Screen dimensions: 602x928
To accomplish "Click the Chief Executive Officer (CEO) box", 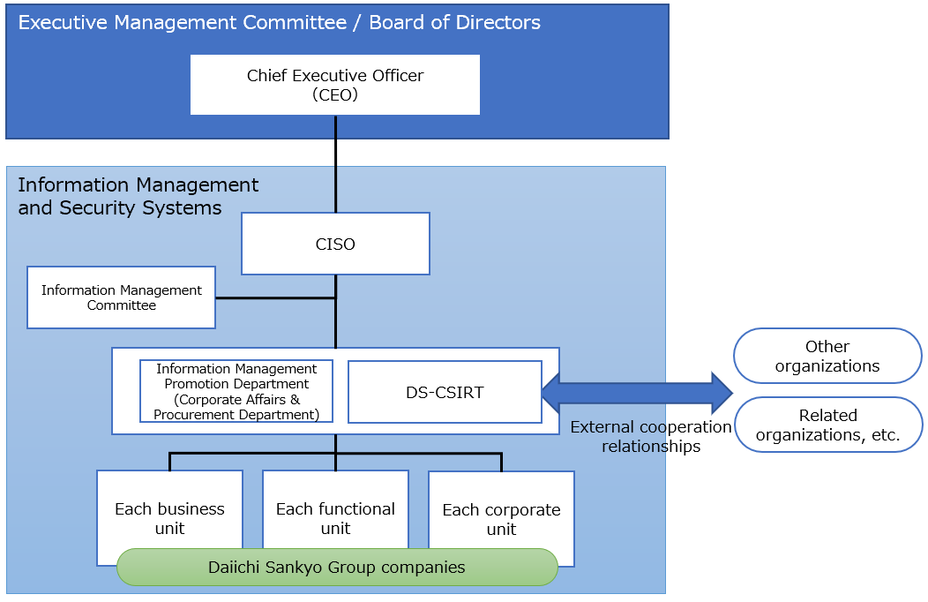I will pyautogui.click(x=335, y=85).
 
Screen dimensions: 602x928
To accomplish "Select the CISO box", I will pyautogui.click(x=335, y=244).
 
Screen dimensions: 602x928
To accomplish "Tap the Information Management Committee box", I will pyautogui.click(x=122, y=297).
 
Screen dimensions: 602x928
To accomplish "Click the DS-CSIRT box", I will pyautogui.click(x=445, y=392).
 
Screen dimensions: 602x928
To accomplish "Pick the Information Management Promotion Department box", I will pyautogui.click(x=236, y=391).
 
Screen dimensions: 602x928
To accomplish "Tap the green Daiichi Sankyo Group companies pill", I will pyautogui.click(x=337, y=567).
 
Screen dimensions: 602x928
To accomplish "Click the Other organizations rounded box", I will pyautogui.click(x=827, y=356).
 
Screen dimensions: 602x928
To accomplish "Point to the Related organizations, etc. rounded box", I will pyautogui.click(x=827, y=425).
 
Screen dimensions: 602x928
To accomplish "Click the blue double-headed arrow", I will pyautogui.click(x=637, y=392).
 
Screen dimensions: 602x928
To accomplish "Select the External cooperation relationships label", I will pyautogui.click(x=651, y=436).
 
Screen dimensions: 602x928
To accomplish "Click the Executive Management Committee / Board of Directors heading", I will pyautogui.click(x=280, y=22).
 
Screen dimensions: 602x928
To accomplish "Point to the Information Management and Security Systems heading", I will pyautogui.click(x=138, y=196).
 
